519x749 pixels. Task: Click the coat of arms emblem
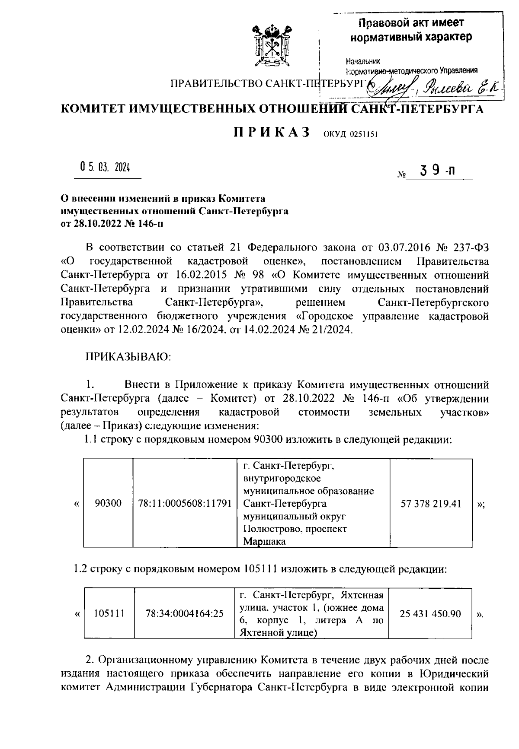pos(271,47)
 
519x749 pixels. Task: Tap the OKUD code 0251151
pos(350,134)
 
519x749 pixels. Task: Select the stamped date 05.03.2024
pos(105,168)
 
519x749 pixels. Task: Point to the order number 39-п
pos(436,171)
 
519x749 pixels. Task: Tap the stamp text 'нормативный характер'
pos(411,37)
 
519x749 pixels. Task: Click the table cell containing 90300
pos(109,503)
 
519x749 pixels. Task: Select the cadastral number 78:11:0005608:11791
pos(185,503)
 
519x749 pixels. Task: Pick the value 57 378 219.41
pos(431,503)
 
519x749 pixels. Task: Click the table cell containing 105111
pos(109,613)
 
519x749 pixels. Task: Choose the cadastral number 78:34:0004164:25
pos(185,613)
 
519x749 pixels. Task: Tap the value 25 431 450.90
pos(430,613)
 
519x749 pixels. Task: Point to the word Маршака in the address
pos(264,541)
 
